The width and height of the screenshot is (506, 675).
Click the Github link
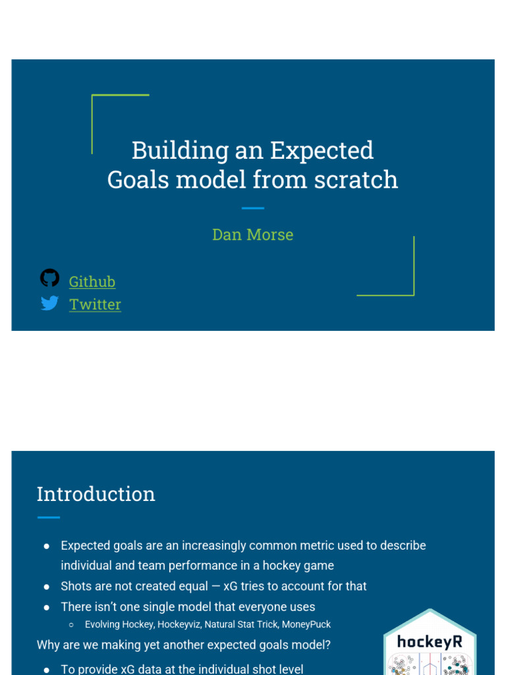pyautogui.click(x=92, y=281)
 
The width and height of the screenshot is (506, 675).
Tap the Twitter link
pyautogui.click(x=95, y=304)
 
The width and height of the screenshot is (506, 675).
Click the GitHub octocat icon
pyautogui.click(x=49, y=278)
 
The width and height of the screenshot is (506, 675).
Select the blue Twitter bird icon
pyautogui.click(x=49, y=303)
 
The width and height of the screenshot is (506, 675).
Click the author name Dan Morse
pyautogui.click(x=252, y=235)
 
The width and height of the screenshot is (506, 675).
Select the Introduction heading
pyautogui.click(x=96, y=494)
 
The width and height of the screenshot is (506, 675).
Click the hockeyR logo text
pyautogui.click(x=429, y=641)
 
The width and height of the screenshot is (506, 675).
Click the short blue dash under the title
pyautogui.click(x=252, y=208)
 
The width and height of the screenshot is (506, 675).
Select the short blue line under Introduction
pyautogui.click(x=48, y=517)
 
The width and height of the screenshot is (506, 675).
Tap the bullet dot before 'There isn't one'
pyautogui.click(x=47, y=607)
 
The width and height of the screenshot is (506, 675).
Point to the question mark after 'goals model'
pyautogui.click(x=327, y=645)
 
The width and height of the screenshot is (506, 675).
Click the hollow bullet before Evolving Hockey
pyautogui.click(x=71, y=625)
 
